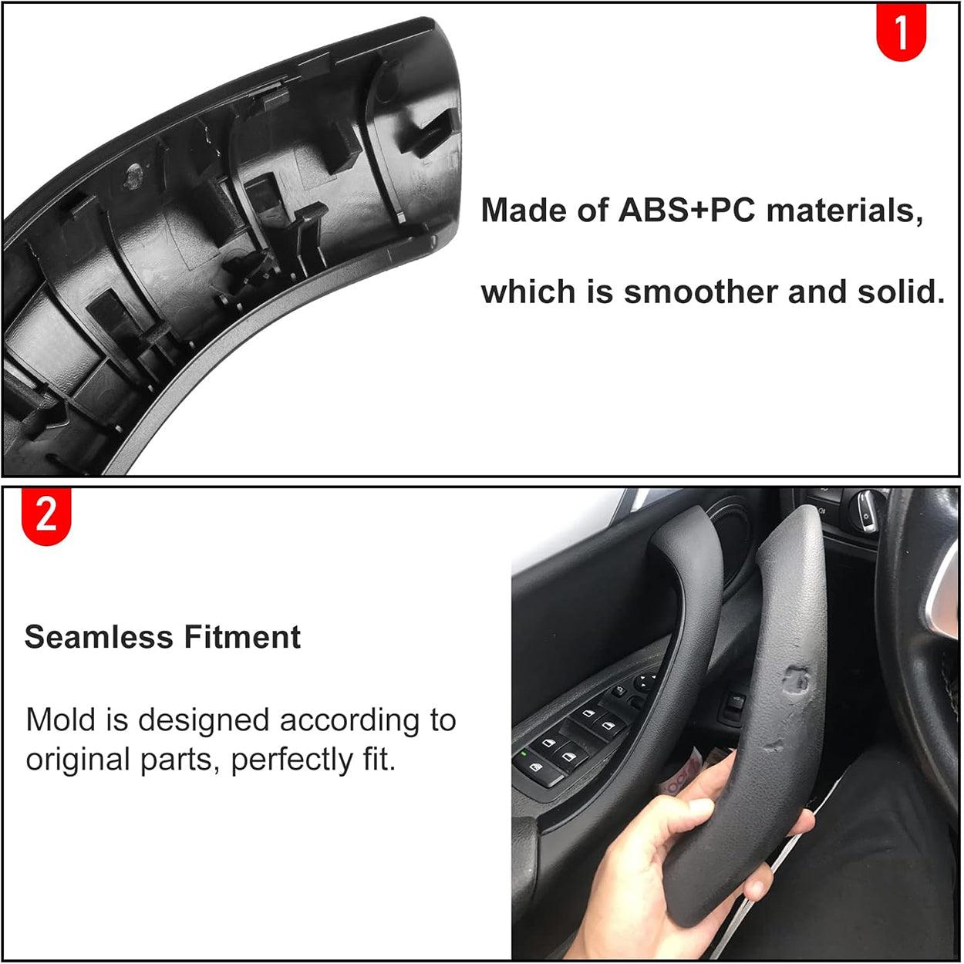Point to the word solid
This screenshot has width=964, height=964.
coord(901,292)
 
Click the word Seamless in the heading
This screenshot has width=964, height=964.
coord(99,637)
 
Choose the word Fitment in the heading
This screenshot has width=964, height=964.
coord(242,637)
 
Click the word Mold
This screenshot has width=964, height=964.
coord(59,720)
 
